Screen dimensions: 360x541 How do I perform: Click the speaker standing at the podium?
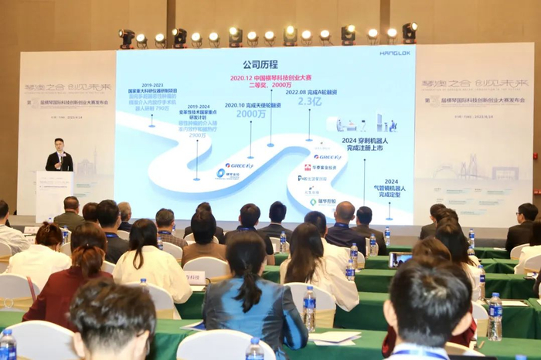(60, 156)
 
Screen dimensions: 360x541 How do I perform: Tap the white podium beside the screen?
(53, 193)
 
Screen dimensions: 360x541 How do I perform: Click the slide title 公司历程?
(260, 64)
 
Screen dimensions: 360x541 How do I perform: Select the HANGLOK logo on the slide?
(394, 53)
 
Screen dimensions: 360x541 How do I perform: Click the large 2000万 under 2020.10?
(251, 114)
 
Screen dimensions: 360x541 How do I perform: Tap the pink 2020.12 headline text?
(271, 78)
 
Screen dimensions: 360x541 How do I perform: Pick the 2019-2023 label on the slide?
(151, 86)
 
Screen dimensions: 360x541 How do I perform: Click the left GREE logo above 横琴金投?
(238, 165)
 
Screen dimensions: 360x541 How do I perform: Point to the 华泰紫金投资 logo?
(321, 167)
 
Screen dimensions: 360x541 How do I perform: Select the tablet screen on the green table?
(400, 260)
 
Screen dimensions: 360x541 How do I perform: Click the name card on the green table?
(194, 277)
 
